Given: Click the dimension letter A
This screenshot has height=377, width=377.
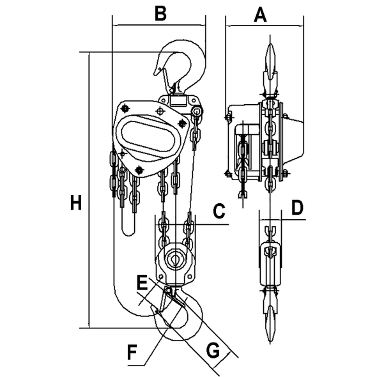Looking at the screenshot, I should pos(259,14).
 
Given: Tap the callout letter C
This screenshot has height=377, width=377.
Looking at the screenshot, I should pos(218,211).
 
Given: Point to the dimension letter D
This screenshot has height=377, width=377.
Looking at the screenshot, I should pos(297,208).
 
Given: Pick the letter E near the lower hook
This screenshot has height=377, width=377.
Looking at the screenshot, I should pos(142,281).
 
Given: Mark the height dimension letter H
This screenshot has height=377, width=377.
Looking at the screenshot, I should pos(76,204).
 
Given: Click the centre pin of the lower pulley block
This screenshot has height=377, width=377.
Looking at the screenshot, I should pos(173,260).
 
